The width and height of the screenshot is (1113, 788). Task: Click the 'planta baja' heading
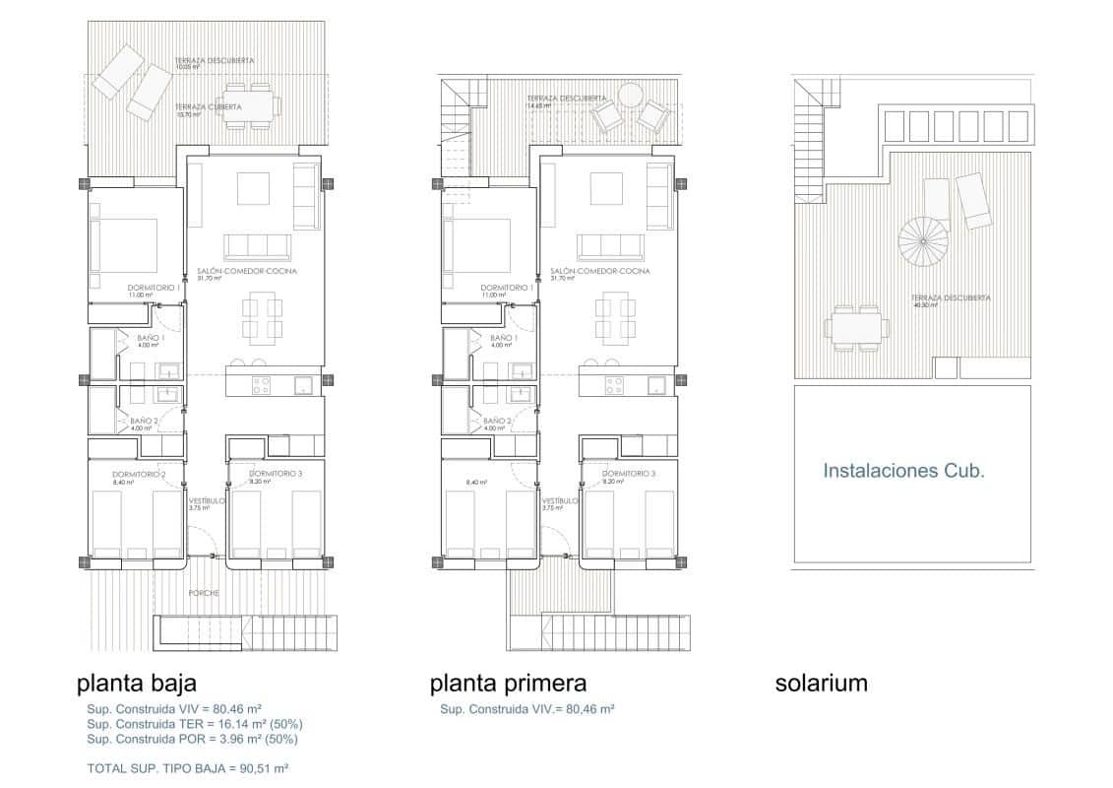tap(137, 684)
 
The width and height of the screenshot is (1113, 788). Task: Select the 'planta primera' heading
tap(508, 684)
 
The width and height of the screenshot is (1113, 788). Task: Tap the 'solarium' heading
tap(821, 684)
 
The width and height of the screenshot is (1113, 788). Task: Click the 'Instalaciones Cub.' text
tap(903, 471)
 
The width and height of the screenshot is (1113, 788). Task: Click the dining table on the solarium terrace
tap(854, 327)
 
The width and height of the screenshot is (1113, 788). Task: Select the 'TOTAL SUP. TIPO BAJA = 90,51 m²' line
tap(188, 767)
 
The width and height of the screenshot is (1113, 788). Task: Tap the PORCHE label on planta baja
tap(206, 593)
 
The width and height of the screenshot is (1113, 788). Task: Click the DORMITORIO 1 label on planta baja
tap(153, 288)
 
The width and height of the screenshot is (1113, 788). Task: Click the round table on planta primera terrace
tap(629, 96)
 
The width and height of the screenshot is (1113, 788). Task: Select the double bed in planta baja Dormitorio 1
tap(125, 244)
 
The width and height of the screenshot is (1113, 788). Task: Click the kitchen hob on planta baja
tap(261, 384)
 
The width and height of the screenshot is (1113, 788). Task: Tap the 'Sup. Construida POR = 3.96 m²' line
tap(192, 739)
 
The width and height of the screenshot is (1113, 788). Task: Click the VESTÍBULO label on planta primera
tap(559, 500)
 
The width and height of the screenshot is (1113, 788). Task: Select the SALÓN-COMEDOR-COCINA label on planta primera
tap(599, 271)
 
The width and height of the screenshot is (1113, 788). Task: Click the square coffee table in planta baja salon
tap(254, 187)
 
